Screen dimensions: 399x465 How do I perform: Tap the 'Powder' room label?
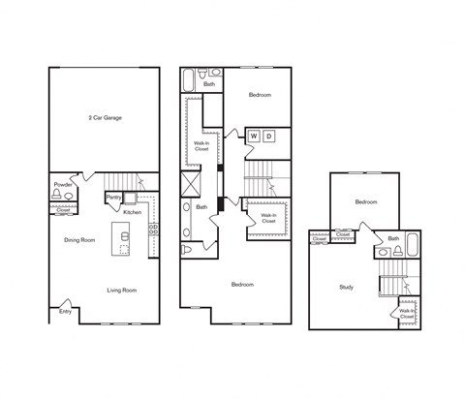pos(64,184)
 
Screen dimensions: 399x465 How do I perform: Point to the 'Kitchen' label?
pos(133,212)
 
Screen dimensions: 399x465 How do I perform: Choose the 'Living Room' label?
pos(121,290)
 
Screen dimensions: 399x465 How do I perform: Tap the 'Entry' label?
pos(65,311)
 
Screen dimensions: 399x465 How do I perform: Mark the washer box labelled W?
pos(254,136)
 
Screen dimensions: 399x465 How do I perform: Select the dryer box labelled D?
pos(270,136)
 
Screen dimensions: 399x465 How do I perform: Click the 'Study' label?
pos(346,287)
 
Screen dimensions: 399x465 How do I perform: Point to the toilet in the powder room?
pos(56,195)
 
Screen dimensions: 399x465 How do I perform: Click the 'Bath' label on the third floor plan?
pos(393,238)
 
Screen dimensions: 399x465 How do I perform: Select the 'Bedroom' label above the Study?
pos(365,201)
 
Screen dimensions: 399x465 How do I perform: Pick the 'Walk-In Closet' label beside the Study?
pos(407,314)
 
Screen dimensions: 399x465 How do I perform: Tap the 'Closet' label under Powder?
pos(63,209)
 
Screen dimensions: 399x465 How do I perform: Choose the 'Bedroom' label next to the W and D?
pos(260,95)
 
